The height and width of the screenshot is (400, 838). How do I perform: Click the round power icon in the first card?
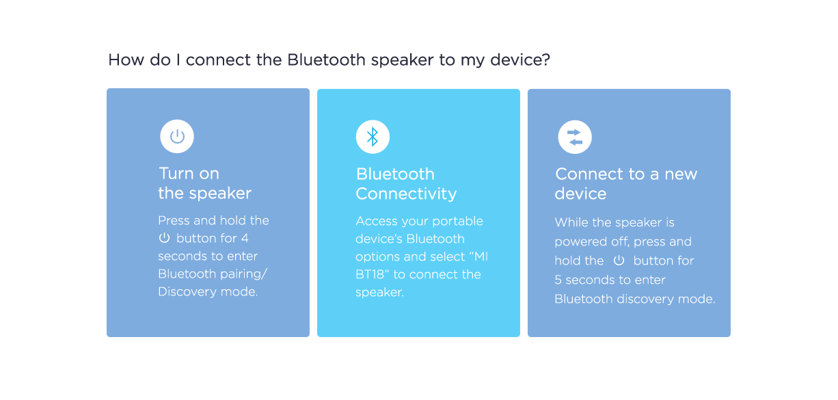pos(177,136)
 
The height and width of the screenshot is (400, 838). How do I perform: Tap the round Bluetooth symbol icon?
pos(373,137)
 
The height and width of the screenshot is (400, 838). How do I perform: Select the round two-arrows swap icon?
pos(575,137)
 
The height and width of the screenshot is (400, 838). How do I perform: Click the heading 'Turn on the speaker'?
pos(204,183)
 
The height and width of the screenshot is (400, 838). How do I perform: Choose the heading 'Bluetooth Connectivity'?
pos(406,184)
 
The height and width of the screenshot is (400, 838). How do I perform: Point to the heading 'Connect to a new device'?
pos(626,184)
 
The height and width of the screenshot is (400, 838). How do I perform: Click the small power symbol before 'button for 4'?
pos(164,238)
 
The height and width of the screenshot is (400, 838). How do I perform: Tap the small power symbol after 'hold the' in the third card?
pos(619,261)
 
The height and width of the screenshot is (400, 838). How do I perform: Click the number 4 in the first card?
pos(244,239)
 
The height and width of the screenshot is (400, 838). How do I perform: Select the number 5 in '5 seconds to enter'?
pos(558,280)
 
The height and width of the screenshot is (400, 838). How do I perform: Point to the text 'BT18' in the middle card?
pos(370,275)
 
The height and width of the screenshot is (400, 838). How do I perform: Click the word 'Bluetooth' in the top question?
pos(326,60)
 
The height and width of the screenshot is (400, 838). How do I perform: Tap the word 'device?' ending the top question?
pos(520,60)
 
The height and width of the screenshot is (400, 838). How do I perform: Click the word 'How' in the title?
pos(126,60)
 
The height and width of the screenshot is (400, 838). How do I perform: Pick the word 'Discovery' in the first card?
pos(187,291)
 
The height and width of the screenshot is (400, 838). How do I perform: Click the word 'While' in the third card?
pos(571,222)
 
